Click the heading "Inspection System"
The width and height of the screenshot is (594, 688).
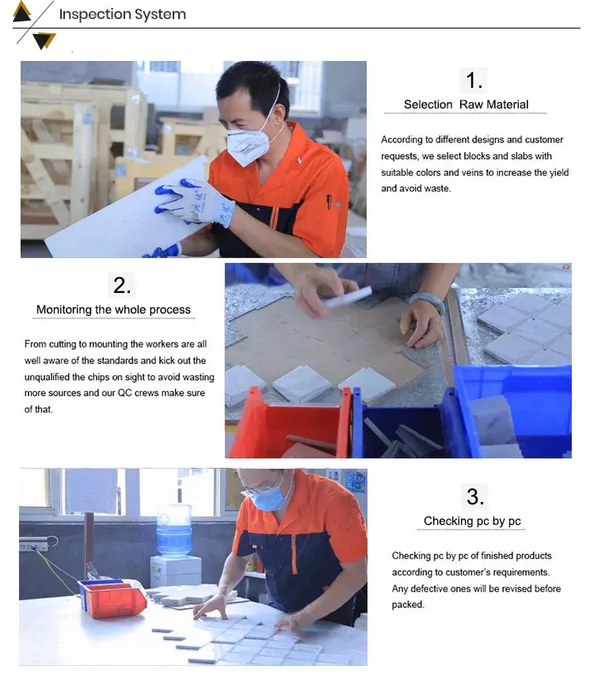tap(123, 14)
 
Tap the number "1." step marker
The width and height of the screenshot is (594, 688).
tap(474, 81)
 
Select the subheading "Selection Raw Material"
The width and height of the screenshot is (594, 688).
tap(466, 105)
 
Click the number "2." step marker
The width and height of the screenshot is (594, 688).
tap(122, 285)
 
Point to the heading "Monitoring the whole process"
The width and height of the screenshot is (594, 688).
tap(113, 310)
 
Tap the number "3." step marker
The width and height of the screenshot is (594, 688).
tap(475, 496)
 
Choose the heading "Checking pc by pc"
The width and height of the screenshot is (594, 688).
tap(472, 521)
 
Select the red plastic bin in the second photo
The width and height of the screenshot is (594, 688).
tap(289, 424)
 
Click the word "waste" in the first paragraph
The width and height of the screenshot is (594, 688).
tap(436, 188)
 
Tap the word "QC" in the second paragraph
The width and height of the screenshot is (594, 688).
tap(124, 393)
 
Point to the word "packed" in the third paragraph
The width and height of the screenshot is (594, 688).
tap(408, 605)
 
